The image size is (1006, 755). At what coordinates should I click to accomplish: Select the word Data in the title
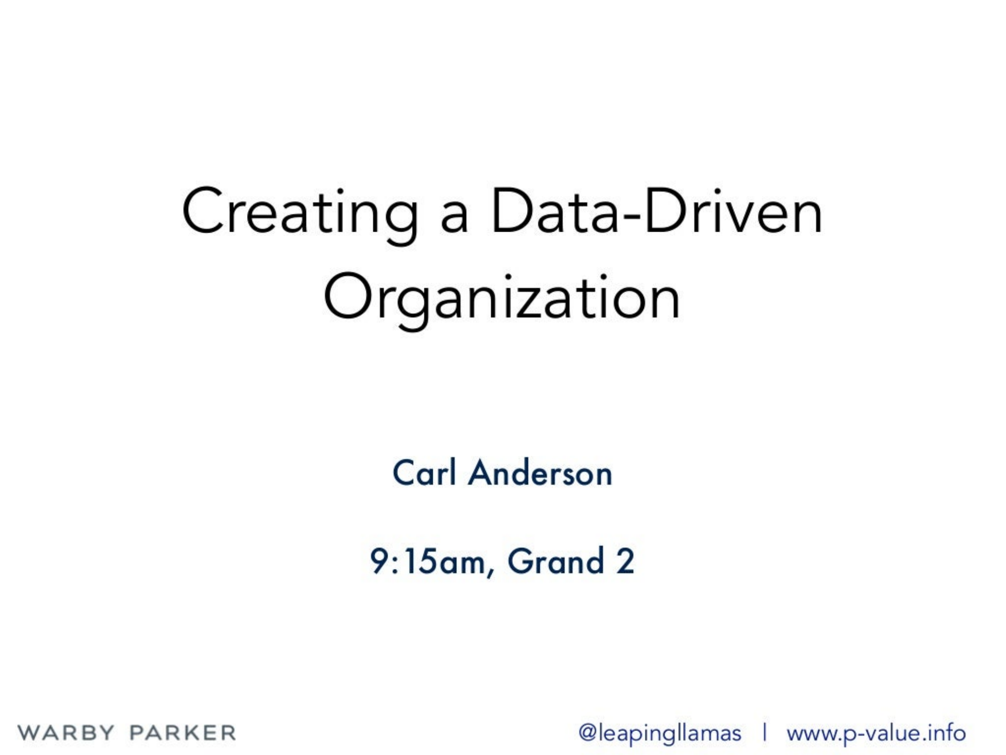point(554,211)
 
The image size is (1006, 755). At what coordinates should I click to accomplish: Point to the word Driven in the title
point(733,211)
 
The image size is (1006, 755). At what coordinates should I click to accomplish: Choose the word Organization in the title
point(502,301)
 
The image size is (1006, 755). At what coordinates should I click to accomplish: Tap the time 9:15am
point(427,561)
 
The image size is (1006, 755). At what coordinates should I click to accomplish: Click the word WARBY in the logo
point(66,732)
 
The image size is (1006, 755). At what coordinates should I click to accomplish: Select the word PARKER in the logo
point(182,732)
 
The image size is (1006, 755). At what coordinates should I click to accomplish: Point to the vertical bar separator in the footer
point(764,733)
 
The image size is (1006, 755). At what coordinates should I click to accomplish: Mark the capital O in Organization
point(348,296)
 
